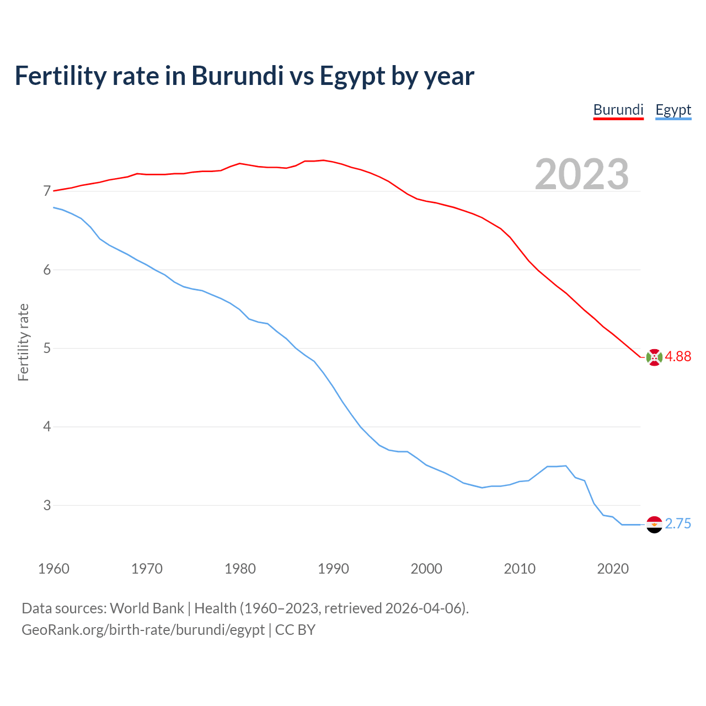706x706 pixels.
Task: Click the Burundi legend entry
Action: [x=618, y=110]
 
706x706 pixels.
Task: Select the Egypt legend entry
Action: [x=673, y=110]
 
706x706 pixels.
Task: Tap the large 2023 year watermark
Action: [x=582, y=174]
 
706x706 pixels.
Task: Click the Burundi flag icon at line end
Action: [x=654, y=357]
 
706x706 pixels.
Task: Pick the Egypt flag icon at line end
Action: [x=654, y=525]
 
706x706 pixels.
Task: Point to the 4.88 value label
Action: [x=678, y=357]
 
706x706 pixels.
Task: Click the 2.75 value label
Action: [x=678, y=524]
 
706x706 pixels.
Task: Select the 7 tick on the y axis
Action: [x=47, y=191]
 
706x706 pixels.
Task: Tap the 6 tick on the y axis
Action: [x=47, y=270]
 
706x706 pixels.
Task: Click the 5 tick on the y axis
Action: [x=47, y=348]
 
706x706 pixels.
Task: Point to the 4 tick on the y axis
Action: [x=47, y=426]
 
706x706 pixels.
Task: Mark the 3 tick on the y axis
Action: [x=47, y=505]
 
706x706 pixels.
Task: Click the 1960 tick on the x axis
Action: [x=54, y=569]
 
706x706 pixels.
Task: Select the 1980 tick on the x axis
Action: [x=240, y=569]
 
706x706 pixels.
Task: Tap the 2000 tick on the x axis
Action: [x=426, y=569]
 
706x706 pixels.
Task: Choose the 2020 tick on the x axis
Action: [x=613, y=569]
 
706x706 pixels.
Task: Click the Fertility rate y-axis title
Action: [x=23, y=342]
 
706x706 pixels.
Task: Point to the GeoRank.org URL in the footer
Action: [x=143, y=630]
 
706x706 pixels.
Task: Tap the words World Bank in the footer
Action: [x=147, y=608]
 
